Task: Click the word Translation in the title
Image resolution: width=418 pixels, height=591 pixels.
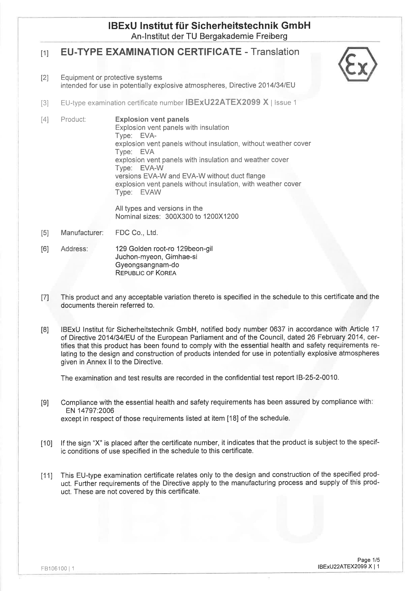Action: pyautogui.click(x=275, y=52)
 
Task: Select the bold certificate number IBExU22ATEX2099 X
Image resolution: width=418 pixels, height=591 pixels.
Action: pyautogui.click(x=227, y=102)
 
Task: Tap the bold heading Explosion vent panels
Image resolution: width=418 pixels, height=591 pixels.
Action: pyautogui.click(x=152, y=119)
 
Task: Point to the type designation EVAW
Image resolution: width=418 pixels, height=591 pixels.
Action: pyautogui.click(x=151, y=192)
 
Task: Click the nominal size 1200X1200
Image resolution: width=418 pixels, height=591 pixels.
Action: pyautogui.click(x=221, y=216)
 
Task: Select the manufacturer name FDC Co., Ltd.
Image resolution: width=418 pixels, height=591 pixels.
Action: pyautogui.click(x=136, y=233)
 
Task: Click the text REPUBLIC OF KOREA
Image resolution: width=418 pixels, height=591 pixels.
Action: pyautogui.click(x=146, y=273)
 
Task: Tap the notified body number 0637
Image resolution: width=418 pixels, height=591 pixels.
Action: pyautogui.click(x=277, y=329)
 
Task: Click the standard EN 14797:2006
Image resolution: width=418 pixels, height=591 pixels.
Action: pyautogui.click(x=90, y=411)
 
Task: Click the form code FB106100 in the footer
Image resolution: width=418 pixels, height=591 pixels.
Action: pyautogui.click(x=54, y=568)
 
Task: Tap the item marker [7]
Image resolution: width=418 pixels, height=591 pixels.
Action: pyautogui.click(x=45, y=298)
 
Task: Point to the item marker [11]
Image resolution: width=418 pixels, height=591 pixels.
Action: pyautogui.click(x=46, y=476)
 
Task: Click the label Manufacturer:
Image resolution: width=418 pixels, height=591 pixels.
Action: pyautogui.click(x=82, y=233)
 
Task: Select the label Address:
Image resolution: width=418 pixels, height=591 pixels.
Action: pyautogui.click(x=74, y=249)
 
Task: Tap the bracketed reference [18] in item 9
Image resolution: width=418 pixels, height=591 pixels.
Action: pyautogui.click(x=233, y=419)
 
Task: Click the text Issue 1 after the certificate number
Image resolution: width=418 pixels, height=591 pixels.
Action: pyautogui.click(x=285, y=103)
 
